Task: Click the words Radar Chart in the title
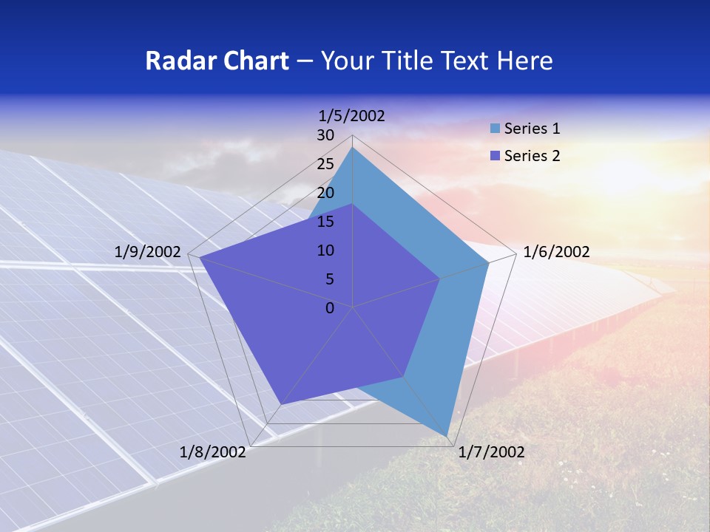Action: coord(217,61)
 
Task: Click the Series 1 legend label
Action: coord(532,129)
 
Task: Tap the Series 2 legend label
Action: coord(532,156)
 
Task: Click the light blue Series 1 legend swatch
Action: coord(495,129)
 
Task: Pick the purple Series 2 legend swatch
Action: coord(495,156)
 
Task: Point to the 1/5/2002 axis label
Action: coord(351,115)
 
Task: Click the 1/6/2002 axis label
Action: coord(556,252)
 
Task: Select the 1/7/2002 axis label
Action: coord(491,452)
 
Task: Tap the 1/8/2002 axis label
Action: coord(213,452)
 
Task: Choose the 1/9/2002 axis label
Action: coord(147,252)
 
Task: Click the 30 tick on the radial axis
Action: coord(325,135)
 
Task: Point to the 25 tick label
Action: coord(325,164)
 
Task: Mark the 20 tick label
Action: coord(325,193)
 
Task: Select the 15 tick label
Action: coord(325,222)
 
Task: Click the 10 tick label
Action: coord(325,250)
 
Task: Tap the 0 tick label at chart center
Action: coord(330,308)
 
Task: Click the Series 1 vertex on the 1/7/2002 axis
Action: coord(447,435)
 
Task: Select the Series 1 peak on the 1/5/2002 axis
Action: coord(353,148)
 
